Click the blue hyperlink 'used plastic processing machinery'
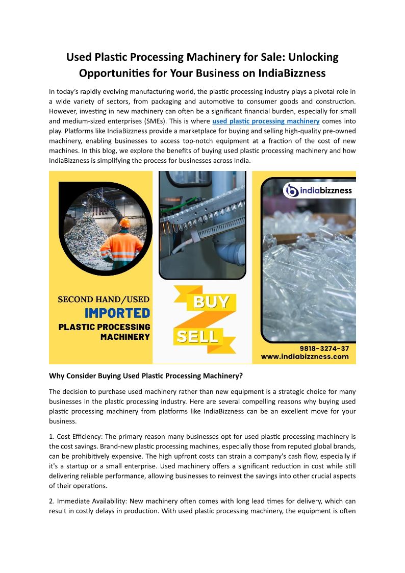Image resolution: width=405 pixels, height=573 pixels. (266, 121)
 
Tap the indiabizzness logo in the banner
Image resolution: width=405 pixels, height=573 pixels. (318, 191)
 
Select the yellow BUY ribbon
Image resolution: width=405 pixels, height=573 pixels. (211, 302)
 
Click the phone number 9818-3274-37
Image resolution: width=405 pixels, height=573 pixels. (324, 348)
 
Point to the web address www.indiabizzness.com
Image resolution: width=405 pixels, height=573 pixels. (305, 357)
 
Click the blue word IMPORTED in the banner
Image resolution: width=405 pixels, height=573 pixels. (117, 312)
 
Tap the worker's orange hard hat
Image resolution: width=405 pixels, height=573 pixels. (124, 222)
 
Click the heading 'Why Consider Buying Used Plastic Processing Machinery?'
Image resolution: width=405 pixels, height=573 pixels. (145, 376)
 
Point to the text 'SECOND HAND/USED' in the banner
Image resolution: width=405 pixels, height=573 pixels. (104, 299)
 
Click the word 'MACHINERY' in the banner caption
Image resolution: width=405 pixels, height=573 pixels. (125, 337)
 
